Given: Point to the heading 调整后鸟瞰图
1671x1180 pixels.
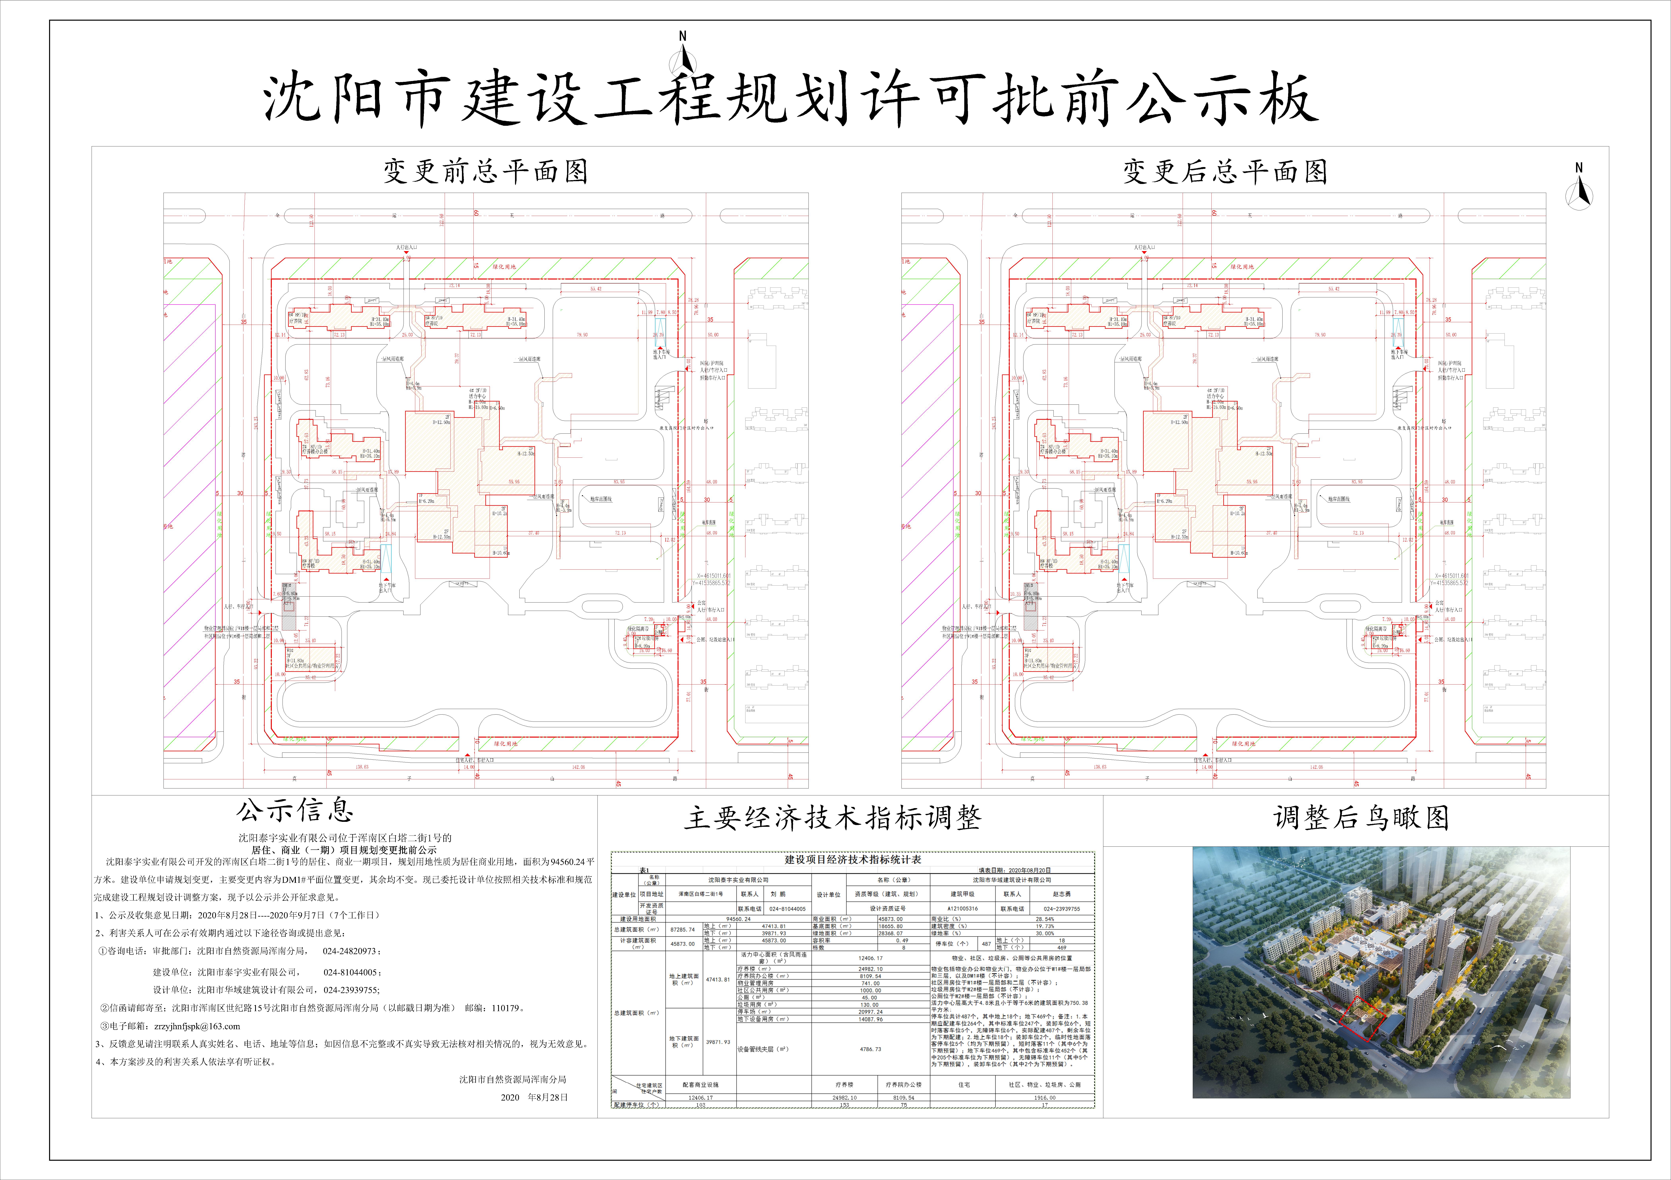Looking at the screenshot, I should click(1361, 818).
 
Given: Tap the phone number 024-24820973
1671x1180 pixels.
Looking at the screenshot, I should click(351, 951).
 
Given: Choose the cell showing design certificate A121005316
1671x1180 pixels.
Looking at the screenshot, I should click(963, 909).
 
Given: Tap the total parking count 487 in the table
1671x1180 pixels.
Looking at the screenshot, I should click(986, 944).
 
